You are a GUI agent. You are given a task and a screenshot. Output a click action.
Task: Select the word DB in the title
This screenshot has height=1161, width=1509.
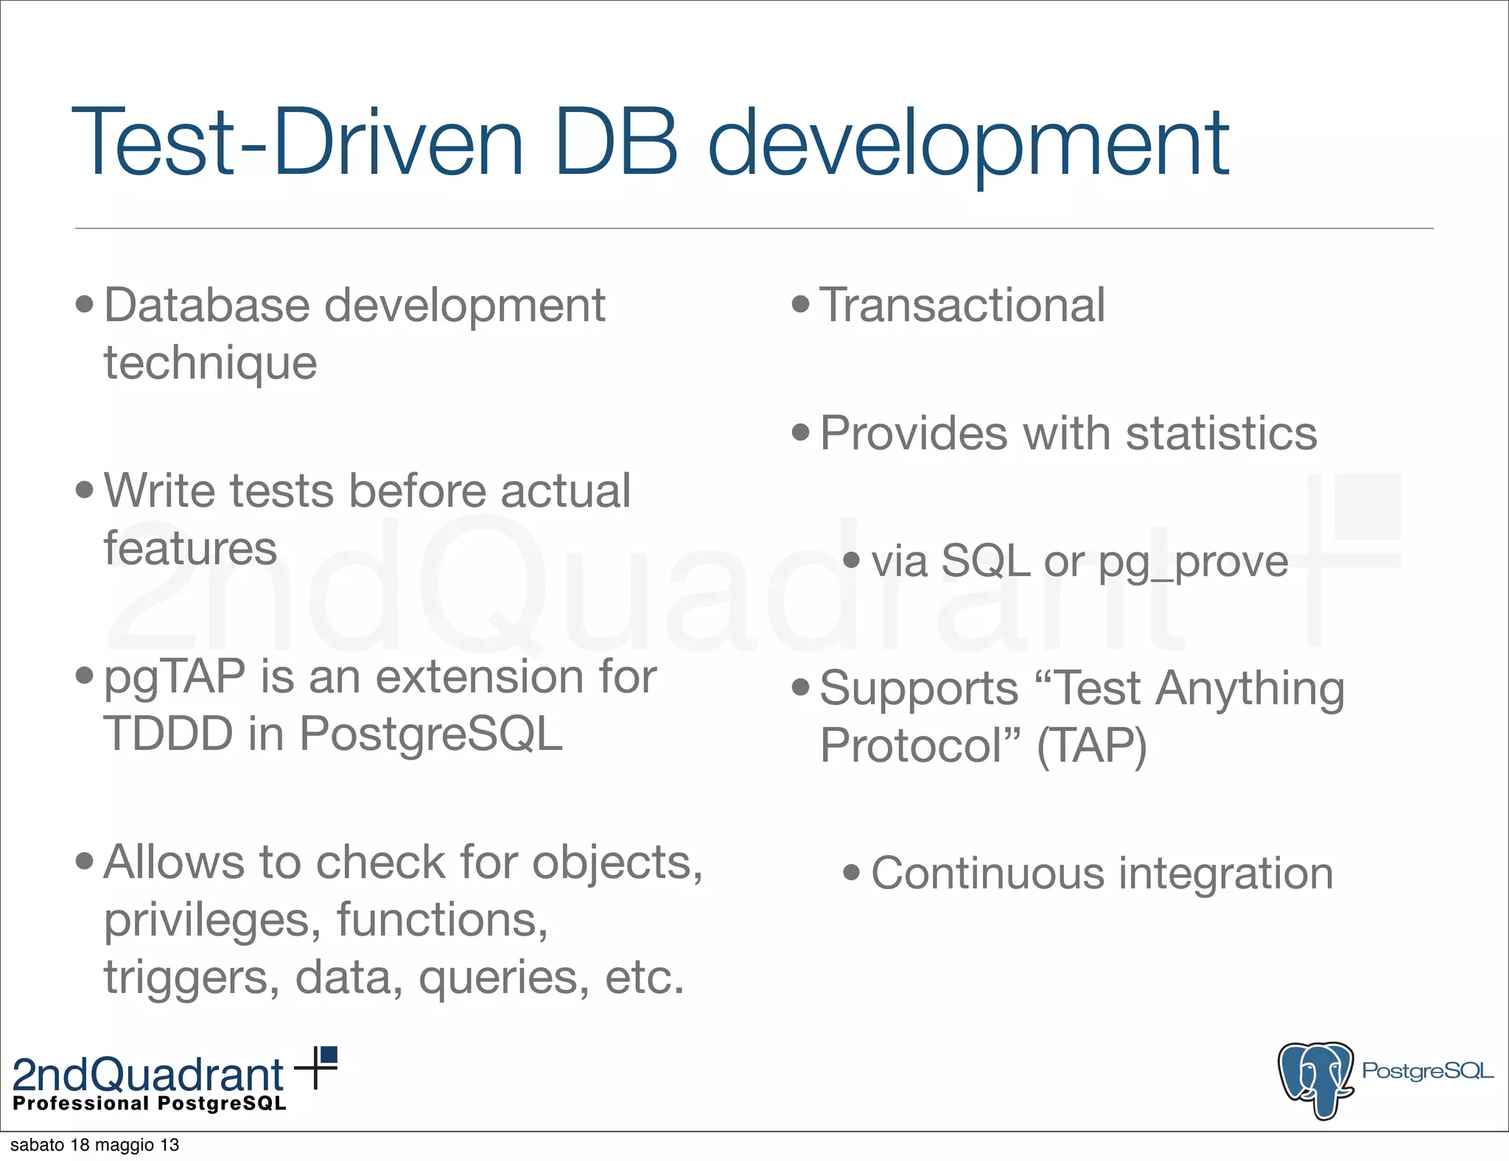pyautogui.click(x=616, y=141)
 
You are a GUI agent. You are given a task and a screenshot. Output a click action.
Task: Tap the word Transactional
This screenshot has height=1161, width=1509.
pyautogui.click(x=962, y=305)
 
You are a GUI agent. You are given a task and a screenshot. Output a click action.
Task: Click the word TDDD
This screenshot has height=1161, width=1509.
pyautogui.click(x=169, y=734)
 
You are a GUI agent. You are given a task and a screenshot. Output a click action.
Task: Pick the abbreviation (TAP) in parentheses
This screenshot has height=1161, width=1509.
pyautogui.click(x=1091, y=746)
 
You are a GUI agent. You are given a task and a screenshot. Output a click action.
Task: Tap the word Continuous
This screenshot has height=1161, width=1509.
pyautogui.click(x=987, y=874)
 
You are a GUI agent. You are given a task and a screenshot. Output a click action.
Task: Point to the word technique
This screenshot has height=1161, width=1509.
pyautogui.click(x=210, y=364)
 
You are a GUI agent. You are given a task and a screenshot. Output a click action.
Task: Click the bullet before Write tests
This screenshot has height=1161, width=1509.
pyautogui.click(x=85, y=490)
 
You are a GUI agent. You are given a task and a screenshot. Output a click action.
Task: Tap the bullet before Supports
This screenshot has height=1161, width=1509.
pyautogui.click(x=800, y=688)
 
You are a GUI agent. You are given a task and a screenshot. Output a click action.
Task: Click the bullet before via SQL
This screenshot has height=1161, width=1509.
pyautogui.click(x=851, y=560)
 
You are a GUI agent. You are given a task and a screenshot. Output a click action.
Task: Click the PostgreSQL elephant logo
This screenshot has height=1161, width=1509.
pyautogui.click(x=1316, y=1078)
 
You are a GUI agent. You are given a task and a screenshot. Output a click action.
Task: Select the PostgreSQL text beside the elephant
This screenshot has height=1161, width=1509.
pyautogui.click(x=1426, y=1070)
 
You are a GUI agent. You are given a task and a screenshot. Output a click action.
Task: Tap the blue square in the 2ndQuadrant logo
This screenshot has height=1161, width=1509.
pyautogui.click(x=329, y=1056)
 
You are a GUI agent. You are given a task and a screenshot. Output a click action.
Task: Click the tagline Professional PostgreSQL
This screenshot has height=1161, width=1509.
pyautogui.click(x=150, y=1104)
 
